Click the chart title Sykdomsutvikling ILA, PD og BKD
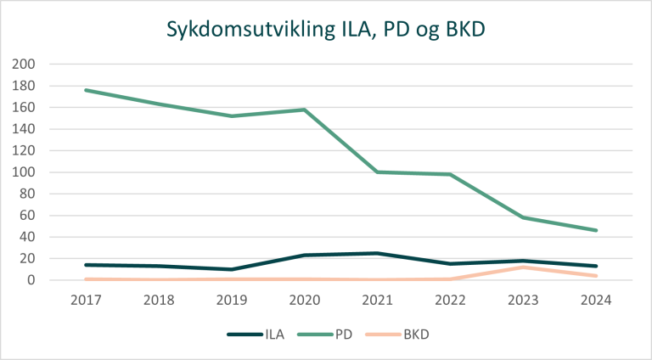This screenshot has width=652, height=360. [x=326, y=29]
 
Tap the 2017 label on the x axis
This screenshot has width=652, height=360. [x=87, y=300]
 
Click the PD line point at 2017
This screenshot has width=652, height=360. [x=87, y=90]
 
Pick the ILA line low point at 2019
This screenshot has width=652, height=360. [x=232, y=269]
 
